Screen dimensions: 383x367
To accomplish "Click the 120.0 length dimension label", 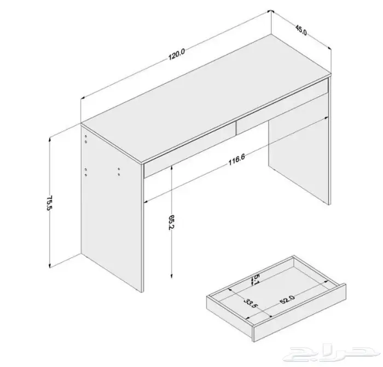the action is (x=177, y=55).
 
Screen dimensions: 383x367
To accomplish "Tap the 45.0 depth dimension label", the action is (x=301, y=30).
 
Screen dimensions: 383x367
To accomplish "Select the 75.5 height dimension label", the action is (x=50, y=203).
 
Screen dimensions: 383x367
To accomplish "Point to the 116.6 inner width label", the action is (x=236, y=159).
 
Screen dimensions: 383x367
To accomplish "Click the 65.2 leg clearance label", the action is (x=171, y=222).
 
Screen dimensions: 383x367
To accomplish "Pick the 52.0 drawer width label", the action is (x=287, y=299).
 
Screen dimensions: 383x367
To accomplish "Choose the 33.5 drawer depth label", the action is (x=251, y=303).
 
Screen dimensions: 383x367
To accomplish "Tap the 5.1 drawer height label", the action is (x=256, y=280).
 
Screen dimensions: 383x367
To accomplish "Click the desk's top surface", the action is (x=206, y=98).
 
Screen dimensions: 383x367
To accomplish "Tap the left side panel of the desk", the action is (x=112, y=208).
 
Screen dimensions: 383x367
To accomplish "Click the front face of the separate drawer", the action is (x=300, y=313).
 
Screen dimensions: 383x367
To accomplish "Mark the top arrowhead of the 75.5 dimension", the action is (x=50, y=139).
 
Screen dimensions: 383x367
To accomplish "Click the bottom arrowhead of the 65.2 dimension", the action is (x=171, y=276).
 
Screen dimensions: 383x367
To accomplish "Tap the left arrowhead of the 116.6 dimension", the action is (x=146, y=202).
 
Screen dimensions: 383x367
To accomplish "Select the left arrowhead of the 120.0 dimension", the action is (x=83, y=98).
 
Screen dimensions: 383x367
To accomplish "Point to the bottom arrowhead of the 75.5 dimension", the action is (x=50, y=266).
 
